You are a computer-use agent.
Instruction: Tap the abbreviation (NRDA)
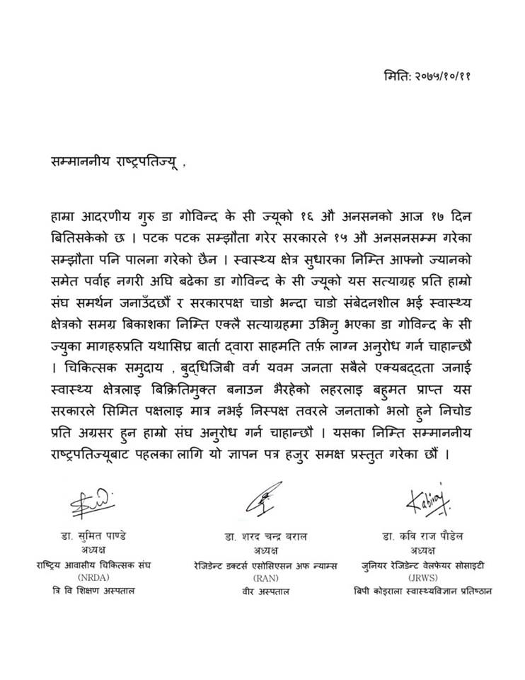[94, 577]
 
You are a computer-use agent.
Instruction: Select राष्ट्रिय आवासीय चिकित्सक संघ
[94, 564]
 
